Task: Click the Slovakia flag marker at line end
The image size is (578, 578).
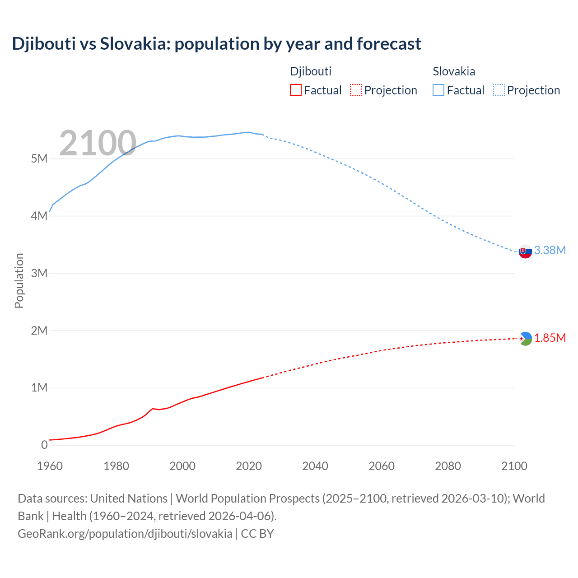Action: pyautogui.click(x=525, y=252)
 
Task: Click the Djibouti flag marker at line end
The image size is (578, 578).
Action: pyautogui.click(x=525, y=339)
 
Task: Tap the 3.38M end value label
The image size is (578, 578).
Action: pyautogui.click(x=550, y=250)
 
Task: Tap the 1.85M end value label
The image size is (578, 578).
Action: pyautogui.click(x=550, y=338)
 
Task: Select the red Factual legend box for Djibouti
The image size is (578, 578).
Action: pyautogui.click(x=295, y=90)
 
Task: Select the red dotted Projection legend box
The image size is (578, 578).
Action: pyautogui.click(x=356, y=90)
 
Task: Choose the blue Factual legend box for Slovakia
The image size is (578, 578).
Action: pyautogui.click(x=438, y=90)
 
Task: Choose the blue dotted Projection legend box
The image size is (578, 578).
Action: pyautogui.click(x=499, y=90)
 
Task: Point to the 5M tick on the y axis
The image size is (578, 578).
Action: pyautogui.click(x=39, y=158)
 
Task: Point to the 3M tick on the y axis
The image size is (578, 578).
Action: pyautogui.click(x=39, y=273)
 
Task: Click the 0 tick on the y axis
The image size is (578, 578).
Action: pyautogui.click(x=44, y=445)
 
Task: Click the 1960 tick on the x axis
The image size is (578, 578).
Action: pyautogui.click(x=50, y=466)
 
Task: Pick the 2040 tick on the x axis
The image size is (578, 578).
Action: pyautogui.click(x=315, y=466)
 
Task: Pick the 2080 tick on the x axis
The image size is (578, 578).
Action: pyautogui.click(x=448, y=466)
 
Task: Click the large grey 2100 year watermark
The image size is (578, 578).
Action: pyautogui.click(x=98, y=143)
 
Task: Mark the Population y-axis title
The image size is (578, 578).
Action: pyautogui.click(x=19, y=280)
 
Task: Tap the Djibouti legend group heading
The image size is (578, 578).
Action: pyautogui.click(x=311, y=71)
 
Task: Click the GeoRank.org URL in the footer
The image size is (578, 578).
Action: pyautogui.click(x=125, y=533)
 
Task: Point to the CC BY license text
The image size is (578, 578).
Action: pyautogui.click(x=257, y=533)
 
